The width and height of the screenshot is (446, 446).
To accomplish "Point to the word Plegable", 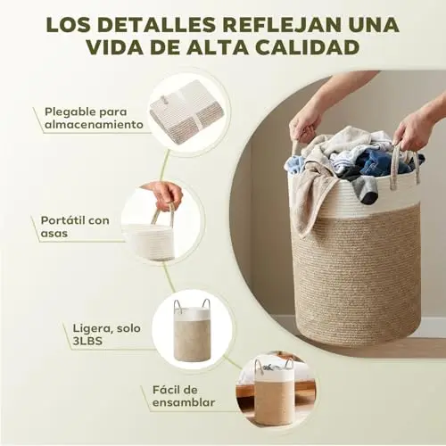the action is point(70,112).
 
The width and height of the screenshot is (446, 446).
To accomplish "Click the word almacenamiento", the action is point(94,125).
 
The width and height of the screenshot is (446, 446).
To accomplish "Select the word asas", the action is point(54,234).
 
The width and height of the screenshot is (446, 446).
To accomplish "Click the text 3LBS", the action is point(87,341).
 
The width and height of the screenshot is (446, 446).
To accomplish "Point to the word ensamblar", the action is point(184,402).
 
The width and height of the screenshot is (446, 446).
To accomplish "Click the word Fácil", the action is point(167,390).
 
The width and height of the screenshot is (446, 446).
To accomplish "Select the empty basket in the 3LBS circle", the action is point(192,331).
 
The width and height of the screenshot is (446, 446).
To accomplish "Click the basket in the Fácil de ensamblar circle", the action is point(274,392).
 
